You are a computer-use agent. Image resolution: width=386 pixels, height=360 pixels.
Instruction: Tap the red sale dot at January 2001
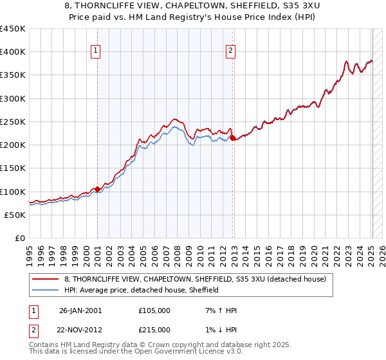97,189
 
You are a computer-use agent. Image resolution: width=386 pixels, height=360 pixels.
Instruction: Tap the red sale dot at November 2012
232,138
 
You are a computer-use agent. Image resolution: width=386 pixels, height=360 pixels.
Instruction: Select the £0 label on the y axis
20,238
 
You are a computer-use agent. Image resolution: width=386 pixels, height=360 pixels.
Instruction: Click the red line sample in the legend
46,279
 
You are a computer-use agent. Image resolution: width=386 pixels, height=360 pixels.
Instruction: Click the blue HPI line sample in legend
46,290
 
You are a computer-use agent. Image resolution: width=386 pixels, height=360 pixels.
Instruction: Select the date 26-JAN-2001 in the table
80,310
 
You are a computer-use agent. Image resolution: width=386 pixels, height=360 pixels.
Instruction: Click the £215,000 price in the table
154,330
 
